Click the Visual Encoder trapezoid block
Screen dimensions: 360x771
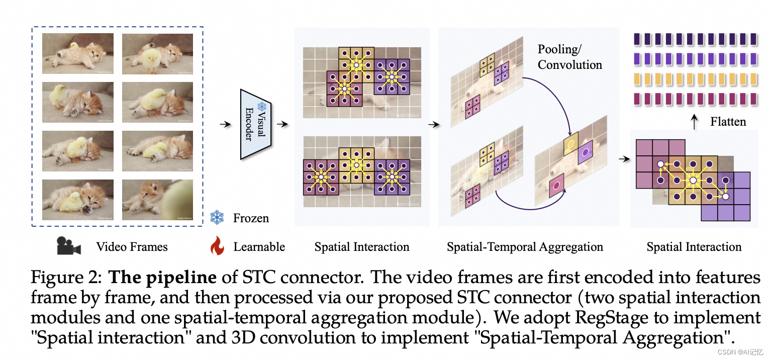tap(256, 124)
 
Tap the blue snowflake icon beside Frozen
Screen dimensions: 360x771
tap(217, 218)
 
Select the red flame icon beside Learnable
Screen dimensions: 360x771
tap(217, 246)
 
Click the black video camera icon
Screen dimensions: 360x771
tap(68, 246)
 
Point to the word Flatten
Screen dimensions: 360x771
tap(728, 121)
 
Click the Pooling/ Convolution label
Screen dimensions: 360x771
tap(569, 57)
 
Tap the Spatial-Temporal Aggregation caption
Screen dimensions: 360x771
tap(525, 247)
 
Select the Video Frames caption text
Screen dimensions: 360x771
tap(132, 247)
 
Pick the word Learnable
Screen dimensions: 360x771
tap(259, 247)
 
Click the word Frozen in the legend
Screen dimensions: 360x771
tap(251, 218)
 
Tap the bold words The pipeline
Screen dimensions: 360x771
tap(163, 277)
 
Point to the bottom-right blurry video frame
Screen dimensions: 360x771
tap(157, 200)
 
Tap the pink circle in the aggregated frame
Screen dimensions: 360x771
tap(556, 186)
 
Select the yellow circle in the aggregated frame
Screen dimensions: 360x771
tap(570, 144)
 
